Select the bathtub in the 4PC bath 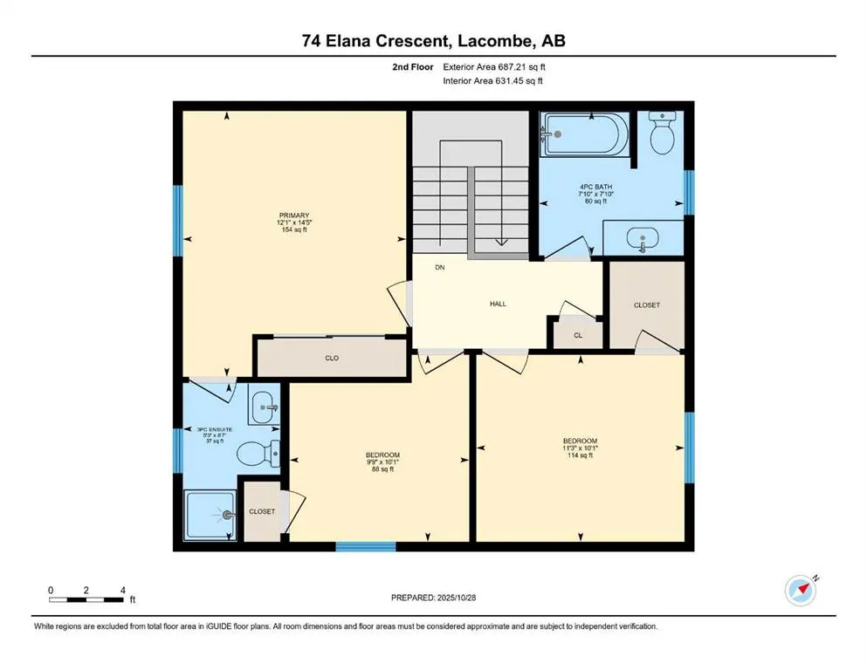point(583,135)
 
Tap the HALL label point(497,304)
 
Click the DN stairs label point(441,268)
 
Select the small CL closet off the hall point(577,335)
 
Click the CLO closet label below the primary point(332,358)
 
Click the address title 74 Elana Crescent point(433,38)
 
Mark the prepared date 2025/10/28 point(432,598)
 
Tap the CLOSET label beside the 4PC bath point(646,304)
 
